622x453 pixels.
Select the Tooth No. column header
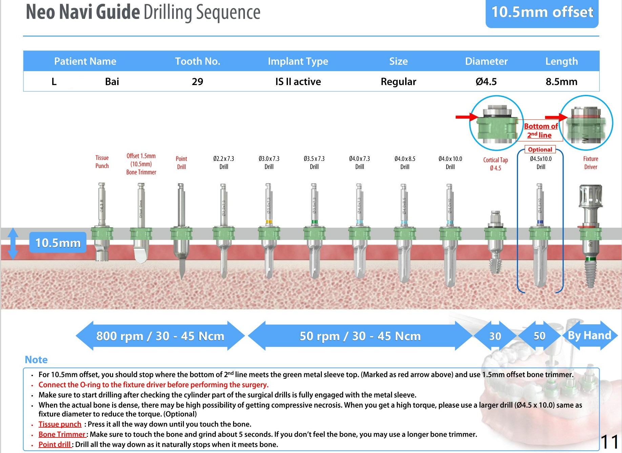click(198, 61)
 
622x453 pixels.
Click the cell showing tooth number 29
click(198, 82)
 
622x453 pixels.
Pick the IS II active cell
click(298, 82)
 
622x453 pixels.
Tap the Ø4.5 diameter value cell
click(486, 82)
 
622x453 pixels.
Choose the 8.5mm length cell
click(561, 82)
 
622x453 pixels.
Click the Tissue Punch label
click(102, 162)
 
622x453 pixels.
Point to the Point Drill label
click(181, 163)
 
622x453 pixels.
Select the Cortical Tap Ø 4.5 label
click(495, 164)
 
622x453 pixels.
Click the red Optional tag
click(540, 149)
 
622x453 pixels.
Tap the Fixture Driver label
click(590, 163)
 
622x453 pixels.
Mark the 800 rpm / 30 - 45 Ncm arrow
click(160, 336)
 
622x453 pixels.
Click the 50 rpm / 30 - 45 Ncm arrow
click(360, 336)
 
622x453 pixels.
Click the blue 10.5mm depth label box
click(58, 243)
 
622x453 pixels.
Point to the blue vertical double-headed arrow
click(13, 244)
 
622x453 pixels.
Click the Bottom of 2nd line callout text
click(540, 130)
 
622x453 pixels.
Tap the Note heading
click(36, 359)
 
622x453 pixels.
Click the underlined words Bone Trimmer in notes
click(62, 434)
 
